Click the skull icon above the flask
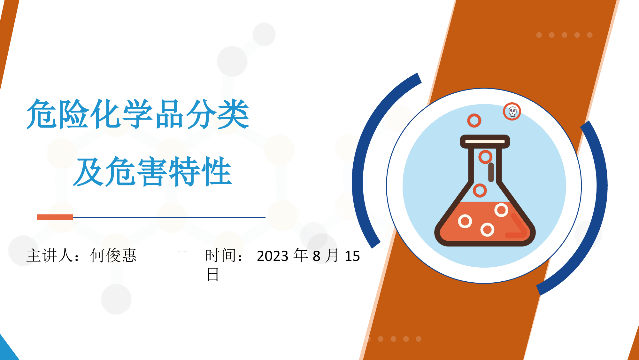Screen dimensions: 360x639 (512, 112)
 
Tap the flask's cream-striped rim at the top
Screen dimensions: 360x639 (485, 141)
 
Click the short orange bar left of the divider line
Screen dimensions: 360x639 (55, 217)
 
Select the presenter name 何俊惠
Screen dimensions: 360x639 (113, 255)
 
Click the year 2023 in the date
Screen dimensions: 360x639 (273, 256)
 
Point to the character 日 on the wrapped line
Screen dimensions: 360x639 (213, 275)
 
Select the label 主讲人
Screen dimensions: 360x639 (50, 255)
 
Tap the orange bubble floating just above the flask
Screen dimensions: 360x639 (474, 121)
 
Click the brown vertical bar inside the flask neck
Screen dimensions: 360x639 (491, 172)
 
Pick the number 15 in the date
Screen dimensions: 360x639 (352, 256)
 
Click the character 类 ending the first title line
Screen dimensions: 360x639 (233, 114)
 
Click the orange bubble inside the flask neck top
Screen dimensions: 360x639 (485, 157)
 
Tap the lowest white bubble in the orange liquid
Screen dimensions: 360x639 (487, 230)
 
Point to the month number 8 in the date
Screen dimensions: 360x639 (316, 256)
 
